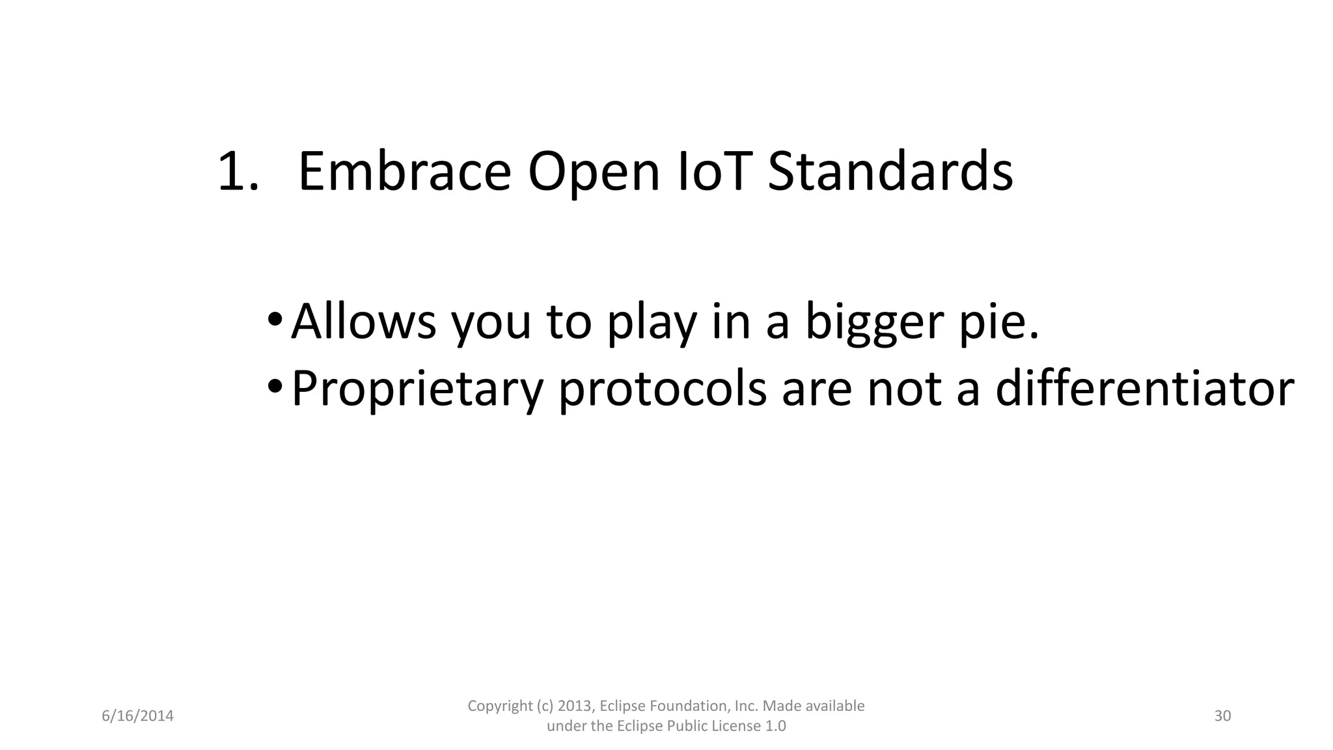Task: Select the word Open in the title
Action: point(594,172)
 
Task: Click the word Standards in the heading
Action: point(890,172)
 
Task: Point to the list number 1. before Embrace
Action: point(237,172)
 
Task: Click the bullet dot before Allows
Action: point(275,321)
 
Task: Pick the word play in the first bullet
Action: point(652,322)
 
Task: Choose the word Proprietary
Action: point(417,389)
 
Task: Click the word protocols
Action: point(662,389)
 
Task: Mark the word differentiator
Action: point(1144,388)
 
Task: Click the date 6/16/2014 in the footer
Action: point(138,716)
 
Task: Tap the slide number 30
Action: point(1222,716)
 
